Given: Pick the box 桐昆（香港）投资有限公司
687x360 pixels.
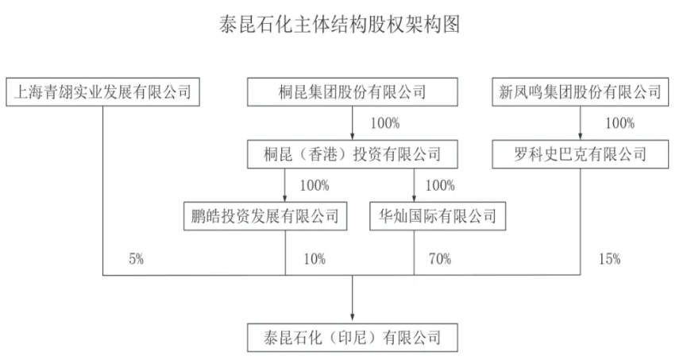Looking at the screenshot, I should coord(353,153).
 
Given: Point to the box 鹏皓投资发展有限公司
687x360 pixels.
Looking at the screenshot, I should coord(264,215).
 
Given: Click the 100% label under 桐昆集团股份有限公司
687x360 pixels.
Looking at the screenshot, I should coord(385,123).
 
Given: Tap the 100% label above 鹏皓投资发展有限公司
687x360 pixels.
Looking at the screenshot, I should coord(315,186).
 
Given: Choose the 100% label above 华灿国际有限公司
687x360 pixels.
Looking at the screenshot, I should coord(440,186).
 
